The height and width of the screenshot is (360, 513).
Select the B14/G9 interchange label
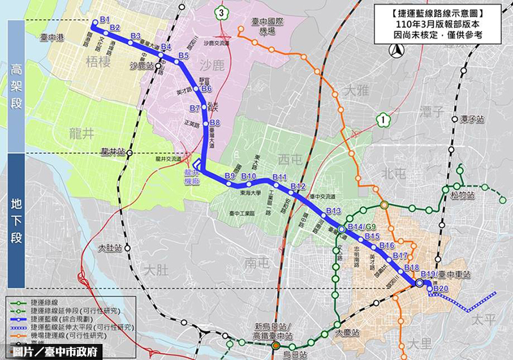361,227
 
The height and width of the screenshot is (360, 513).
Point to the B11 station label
280,177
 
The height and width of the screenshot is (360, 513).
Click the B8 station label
215,123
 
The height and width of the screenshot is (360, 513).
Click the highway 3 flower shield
221,12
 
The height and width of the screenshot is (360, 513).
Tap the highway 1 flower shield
383,119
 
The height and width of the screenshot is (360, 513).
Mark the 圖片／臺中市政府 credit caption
55,352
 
